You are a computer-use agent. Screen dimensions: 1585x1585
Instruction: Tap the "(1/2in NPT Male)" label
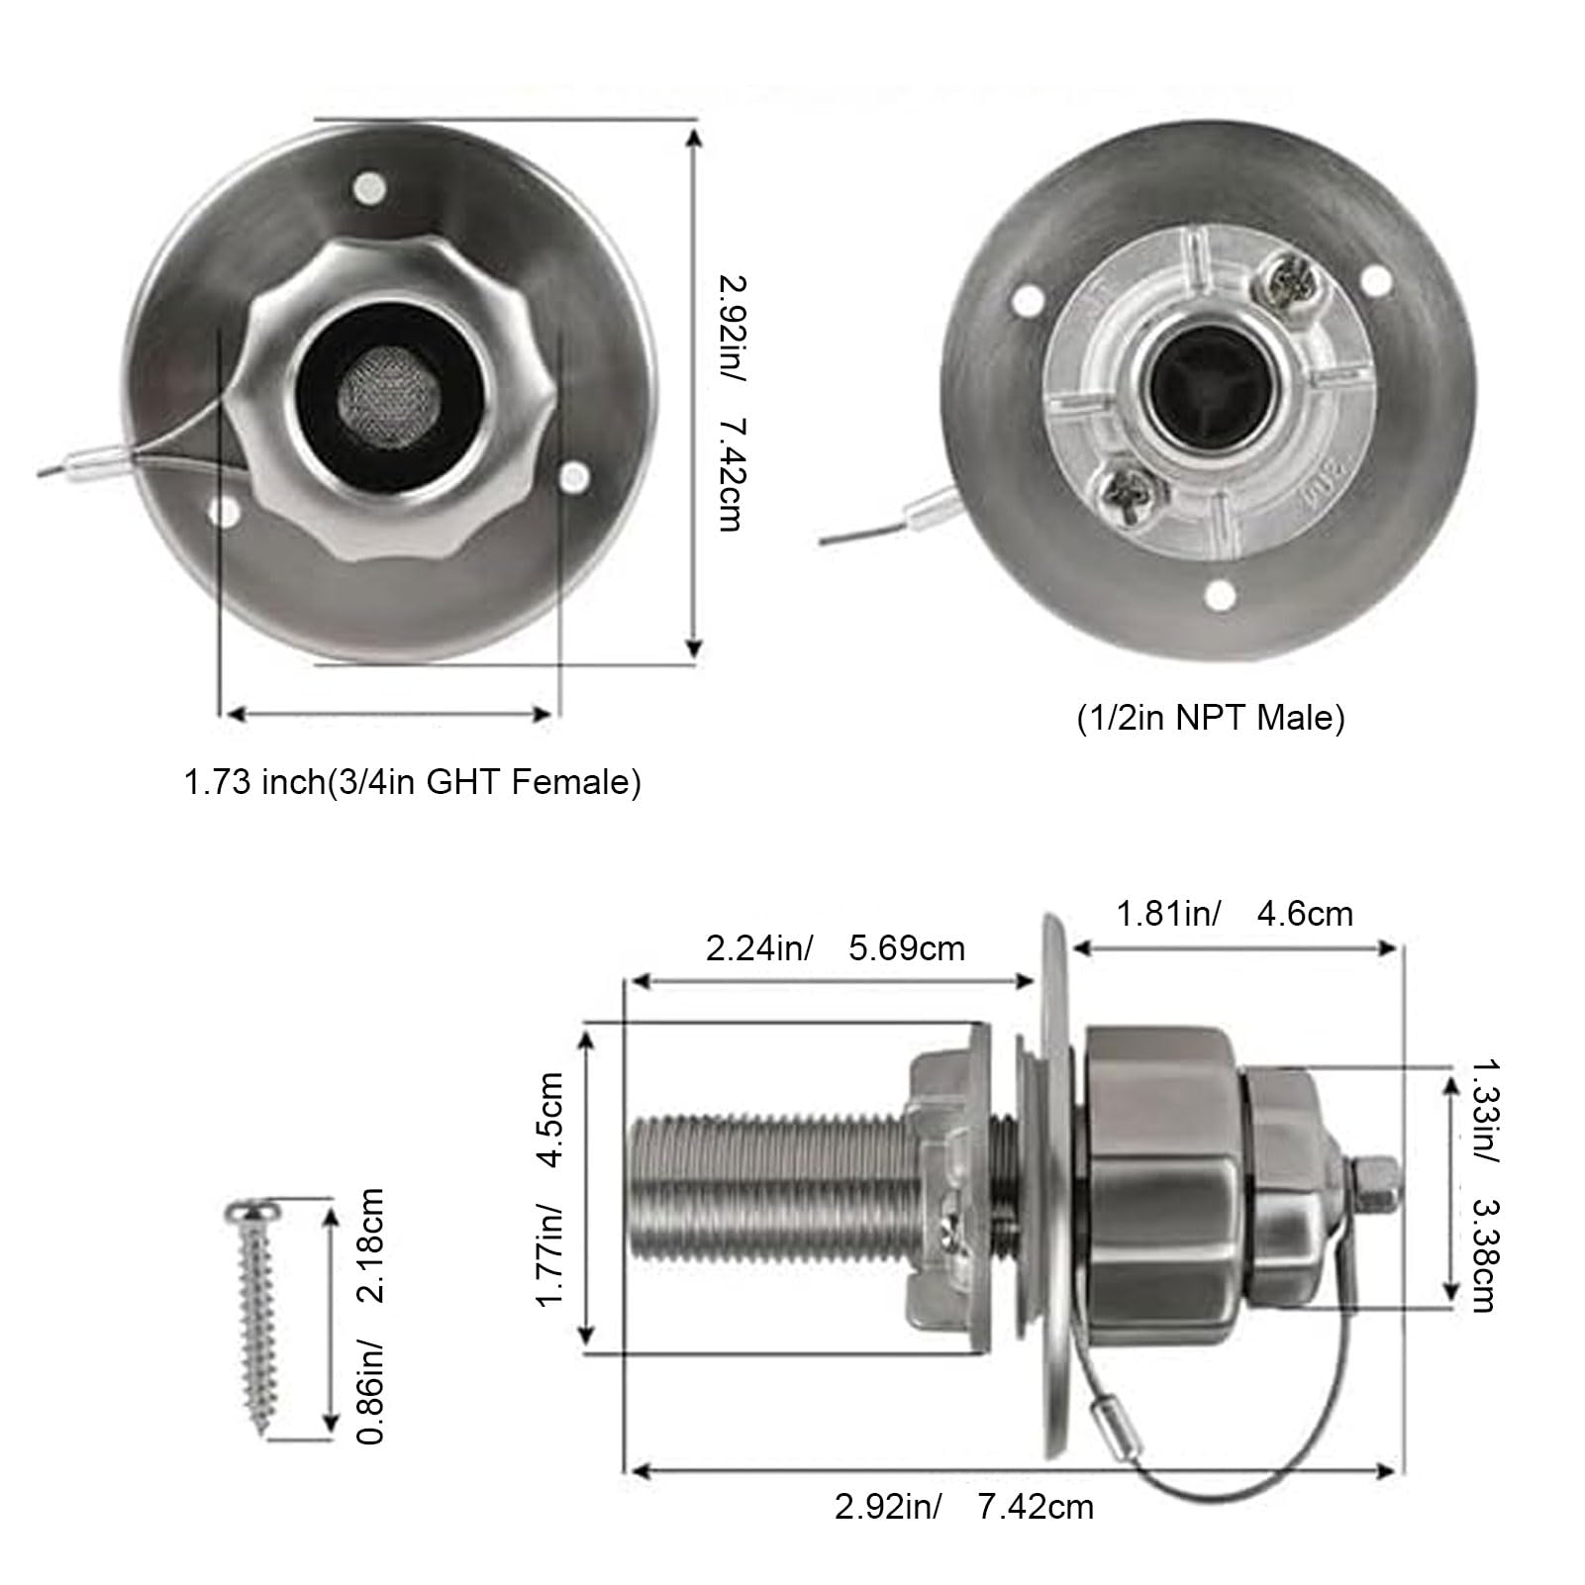click(1211, 718)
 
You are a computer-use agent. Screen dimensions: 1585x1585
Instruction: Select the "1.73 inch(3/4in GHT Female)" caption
click(413, 783)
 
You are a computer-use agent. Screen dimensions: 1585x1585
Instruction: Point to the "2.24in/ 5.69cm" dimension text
click(835, 948)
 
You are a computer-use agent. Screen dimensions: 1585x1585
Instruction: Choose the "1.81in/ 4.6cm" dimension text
click(1235, 913)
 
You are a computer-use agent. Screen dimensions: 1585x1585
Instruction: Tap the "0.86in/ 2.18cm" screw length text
click(369, 1316)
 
